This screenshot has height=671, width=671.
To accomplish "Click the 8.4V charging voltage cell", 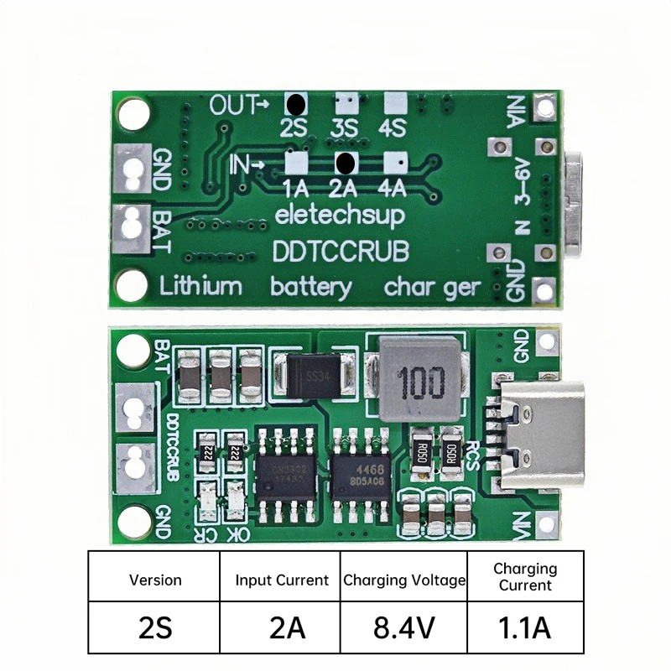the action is pyautogui.click(x=403, y=626).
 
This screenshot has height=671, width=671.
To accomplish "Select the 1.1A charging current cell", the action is pyautogui.click(x=524, y=626).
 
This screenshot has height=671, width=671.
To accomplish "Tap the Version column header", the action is pyautogui.click(x=154, y=580).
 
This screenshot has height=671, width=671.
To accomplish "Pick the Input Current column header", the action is pyautogui.click(x=281, y=580).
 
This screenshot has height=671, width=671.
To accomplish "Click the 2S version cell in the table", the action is pyautogui.click(x=154, y=626).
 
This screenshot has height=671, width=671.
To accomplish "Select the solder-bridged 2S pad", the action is pyautogui.click(x=296, y=105).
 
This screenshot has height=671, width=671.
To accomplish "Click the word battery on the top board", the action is pyautogui.click(x=311, y=287).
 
